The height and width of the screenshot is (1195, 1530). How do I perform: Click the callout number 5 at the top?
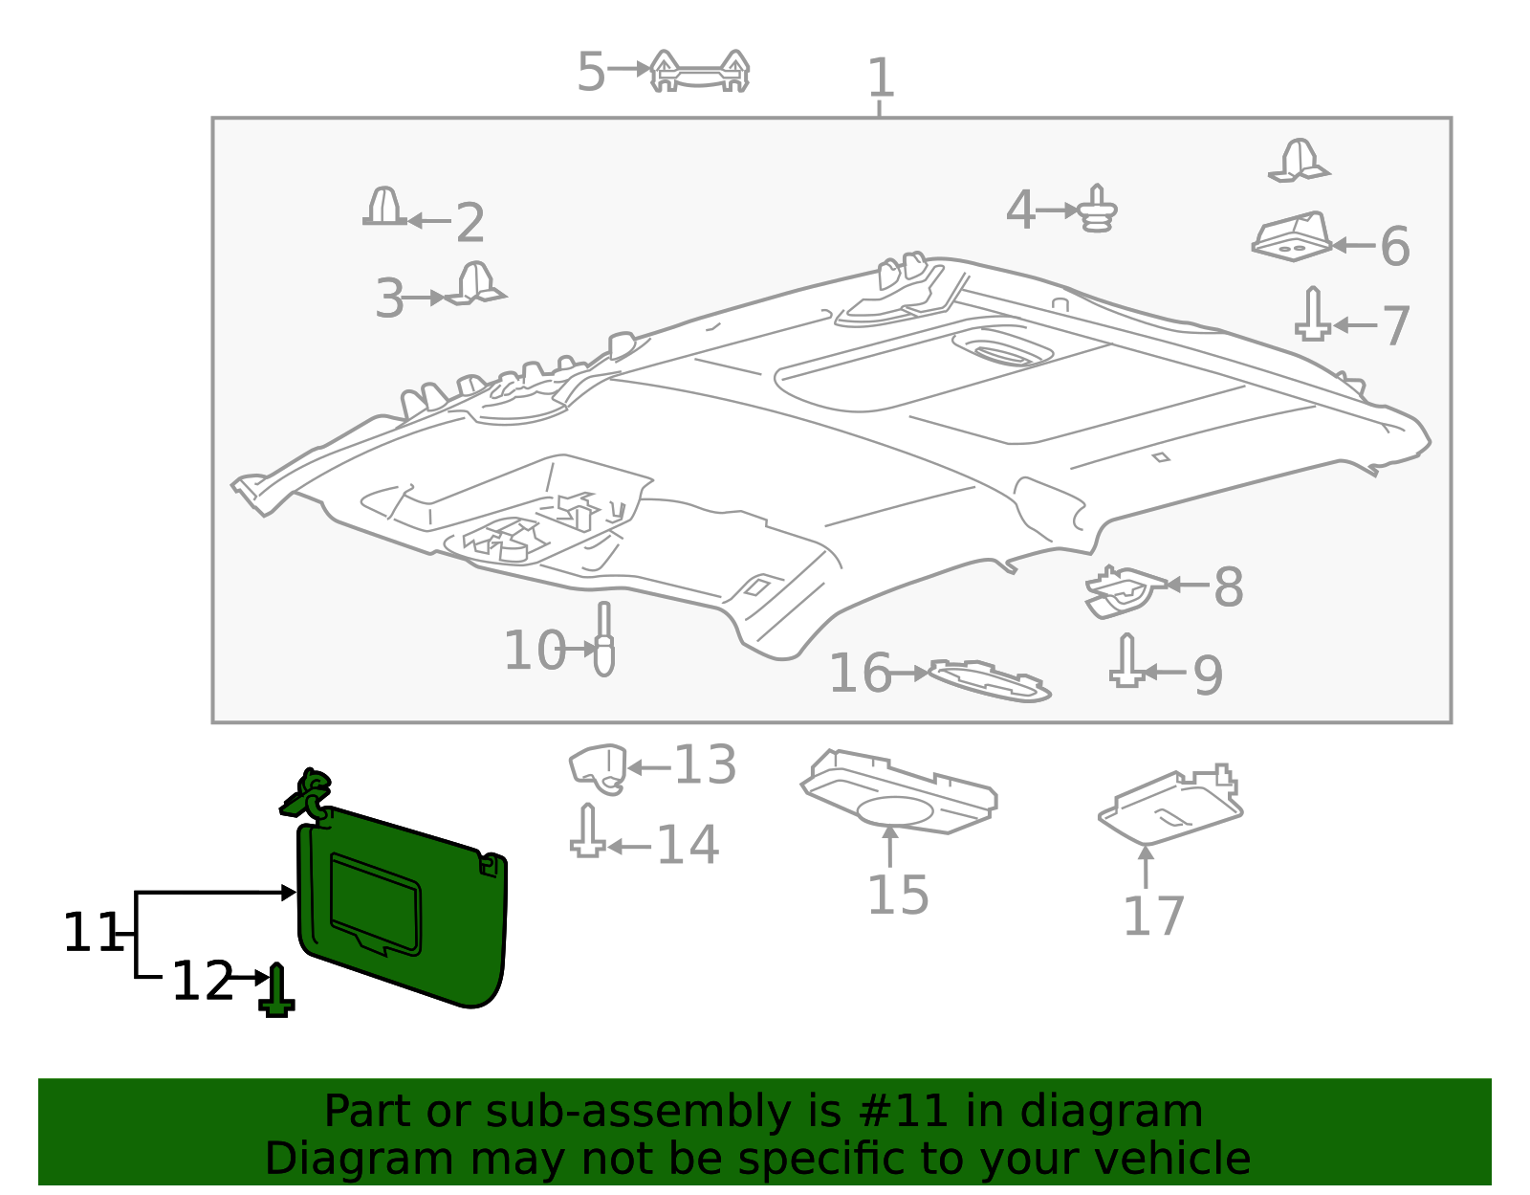click(591, 72)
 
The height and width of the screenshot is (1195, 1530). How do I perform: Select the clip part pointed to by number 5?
click(699, 72)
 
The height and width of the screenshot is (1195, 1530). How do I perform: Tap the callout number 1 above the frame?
click(880, 78)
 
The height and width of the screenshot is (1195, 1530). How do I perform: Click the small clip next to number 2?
click(384, 208)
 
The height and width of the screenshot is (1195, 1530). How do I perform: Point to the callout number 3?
click(389, 299)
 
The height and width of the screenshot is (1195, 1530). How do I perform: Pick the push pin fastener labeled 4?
click(1098, 210)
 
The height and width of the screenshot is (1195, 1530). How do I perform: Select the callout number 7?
click(1396, 326)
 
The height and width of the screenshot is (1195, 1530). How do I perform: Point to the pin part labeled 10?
click(603, 641)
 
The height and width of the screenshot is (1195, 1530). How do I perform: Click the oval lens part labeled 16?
click(990, 680)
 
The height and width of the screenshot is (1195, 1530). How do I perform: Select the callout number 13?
click(705, 765)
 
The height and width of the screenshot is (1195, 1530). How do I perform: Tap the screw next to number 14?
click(587, 832)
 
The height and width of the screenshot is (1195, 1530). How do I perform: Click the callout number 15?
click(897, 896)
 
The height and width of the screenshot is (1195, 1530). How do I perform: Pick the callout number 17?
click(1153, 916)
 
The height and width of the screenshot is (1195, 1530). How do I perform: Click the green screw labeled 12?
click(276, 991)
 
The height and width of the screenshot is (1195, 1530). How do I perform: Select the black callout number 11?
click(90, 933)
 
